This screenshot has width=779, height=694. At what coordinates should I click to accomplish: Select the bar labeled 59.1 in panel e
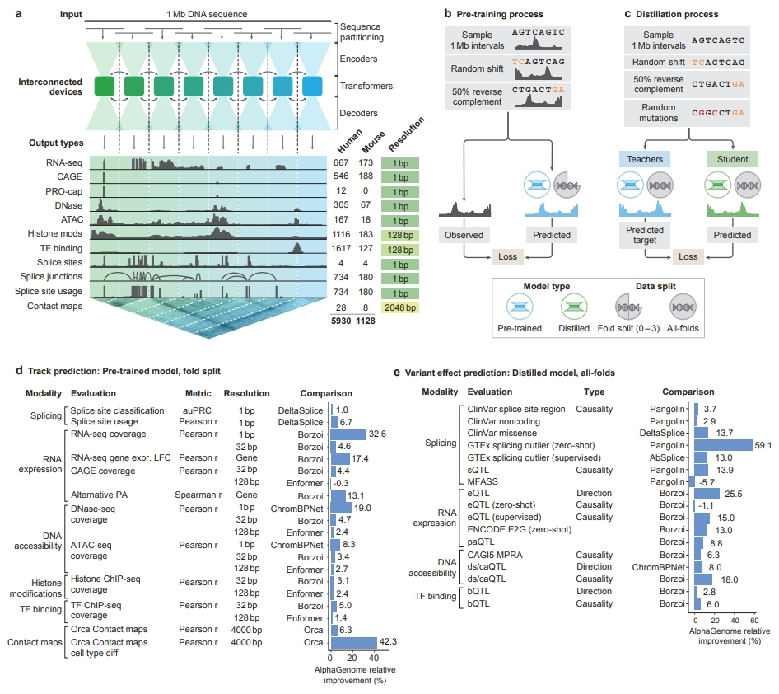coord(724,445)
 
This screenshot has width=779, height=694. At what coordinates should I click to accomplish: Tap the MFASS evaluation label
coord(482,482)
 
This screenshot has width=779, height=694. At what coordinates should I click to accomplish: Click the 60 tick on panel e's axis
coord(753,620)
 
